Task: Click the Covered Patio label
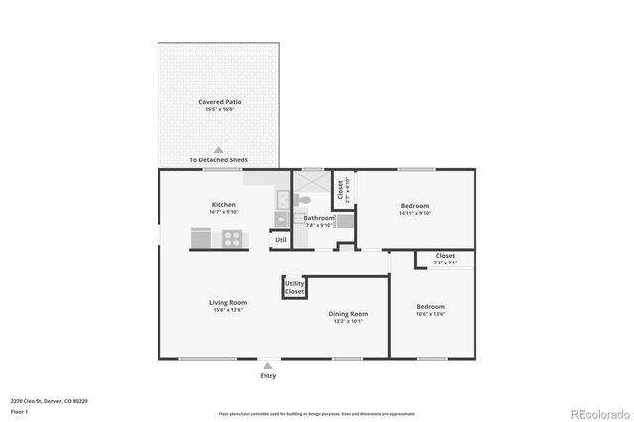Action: tap(219, 102)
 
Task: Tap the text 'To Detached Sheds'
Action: tap(218, 159)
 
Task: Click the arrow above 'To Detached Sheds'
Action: tap(219, 149)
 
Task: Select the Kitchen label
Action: tap(223, 205)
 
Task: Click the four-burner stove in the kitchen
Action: tap(232, 238)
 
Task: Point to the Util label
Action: tap(280, 239)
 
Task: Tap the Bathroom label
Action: tap(319, 218)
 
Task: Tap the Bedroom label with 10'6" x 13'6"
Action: tap(430, 307)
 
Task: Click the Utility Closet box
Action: tap(294, 287)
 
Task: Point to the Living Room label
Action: tap(227, 303)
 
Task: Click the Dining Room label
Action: tap(348, 315)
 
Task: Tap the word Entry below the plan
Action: tap(268, 376)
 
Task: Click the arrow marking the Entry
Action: tap(268, 365)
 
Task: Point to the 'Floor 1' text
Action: tap(19, 411)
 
